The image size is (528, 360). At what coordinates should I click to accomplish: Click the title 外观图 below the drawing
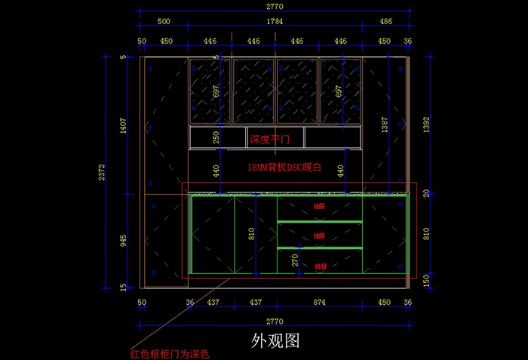(275, 340)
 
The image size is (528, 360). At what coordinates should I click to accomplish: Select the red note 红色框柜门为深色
(169, 352)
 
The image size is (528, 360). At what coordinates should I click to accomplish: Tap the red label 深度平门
(269, 139)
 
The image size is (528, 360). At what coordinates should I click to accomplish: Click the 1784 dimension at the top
(276, 22)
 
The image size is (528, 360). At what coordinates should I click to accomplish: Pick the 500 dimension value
(164, 22)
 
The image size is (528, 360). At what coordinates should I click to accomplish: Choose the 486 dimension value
(385, 22)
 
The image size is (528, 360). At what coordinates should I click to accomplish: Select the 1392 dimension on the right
(426, 125)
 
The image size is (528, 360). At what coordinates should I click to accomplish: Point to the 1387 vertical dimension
(385, 125)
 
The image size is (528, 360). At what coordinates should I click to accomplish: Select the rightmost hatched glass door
(341, 91)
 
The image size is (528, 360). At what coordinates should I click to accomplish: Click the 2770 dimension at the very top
(275, 6)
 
